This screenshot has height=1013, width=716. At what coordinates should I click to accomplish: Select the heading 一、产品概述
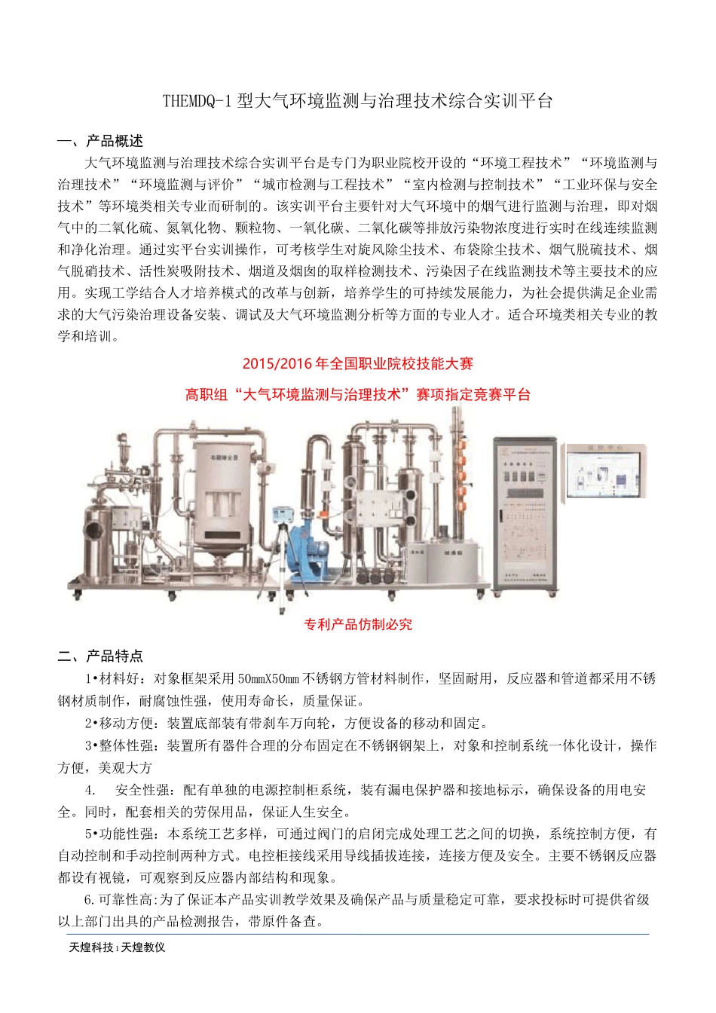(100, 141)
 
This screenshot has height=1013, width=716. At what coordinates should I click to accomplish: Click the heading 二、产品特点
(100, 656)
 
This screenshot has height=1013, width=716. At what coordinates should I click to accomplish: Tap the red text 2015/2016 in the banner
(270, 364)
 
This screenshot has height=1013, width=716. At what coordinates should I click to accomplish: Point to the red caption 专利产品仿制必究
(358, 624)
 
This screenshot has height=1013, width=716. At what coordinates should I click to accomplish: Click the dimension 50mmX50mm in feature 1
(268, 678)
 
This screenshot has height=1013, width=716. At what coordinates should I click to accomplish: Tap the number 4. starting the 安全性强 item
(90, 790)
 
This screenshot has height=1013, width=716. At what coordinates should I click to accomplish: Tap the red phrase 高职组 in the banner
(207, 394)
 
